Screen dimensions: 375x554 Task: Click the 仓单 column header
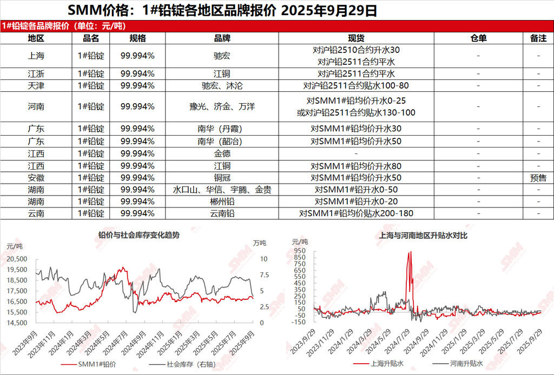478,38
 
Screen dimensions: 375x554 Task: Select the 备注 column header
538,38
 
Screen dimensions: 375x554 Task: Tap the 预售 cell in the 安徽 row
538,178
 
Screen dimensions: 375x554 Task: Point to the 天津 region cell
36,85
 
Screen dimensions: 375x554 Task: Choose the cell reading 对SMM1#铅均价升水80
355,166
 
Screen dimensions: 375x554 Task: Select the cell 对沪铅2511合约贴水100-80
355,85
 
